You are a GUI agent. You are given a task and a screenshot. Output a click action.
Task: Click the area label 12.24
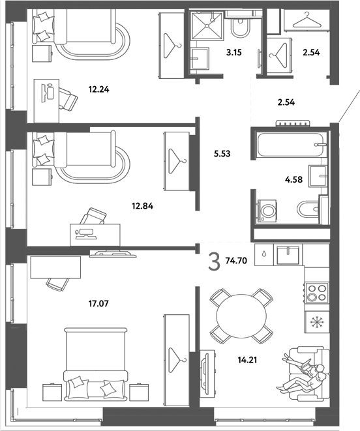[x=98, y=89]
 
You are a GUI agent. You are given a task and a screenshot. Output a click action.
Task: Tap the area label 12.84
[x=142, y=205]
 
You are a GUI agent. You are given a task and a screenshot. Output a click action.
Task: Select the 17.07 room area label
[x=98, y=303]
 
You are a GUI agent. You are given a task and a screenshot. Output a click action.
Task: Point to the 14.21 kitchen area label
[x=247, y=360]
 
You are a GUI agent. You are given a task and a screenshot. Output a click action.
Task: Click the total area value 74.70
[x=236, y=261]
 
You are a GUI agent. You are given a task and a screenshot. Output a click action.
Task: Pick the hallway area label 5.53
[x=222, y=154]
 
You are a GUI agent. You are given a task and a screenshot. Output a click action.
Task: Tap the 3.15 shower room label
[x=234, y=52]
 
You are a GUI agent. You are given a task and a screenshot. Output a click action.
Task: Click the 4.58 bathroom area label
[x=293, y=180]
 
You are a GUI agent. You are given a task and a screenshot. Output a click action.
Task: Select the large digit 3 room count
[x=215, y=262]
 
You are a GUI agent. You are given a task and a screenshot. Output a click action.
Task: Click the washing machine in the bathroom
[x=267, y=211]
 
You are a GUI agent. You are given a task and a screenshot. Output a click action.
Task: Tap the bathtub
[x=292, y=145]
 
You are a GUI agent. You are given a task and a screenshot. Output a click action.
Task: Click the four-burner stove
[x=316, y=292]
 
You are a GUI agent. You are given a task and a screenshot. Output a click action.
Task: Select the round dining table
[x=241, y=316]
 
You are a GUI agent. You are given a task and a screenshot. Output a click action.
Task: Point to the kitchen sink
[x=288, y=256]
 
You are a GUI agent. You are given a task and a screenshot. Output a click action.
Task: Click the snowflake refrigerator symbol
[x=317, y=322]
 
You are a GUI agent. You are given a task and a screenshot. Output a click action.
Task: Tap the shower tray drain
[x=207, y=26]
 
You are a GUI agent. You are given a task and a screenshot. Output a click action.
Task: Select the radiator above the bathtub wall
[x=293, y=124]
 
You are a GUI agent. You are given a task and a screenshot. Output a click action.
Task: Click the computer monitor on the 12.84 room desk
[x=85, y=233]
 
